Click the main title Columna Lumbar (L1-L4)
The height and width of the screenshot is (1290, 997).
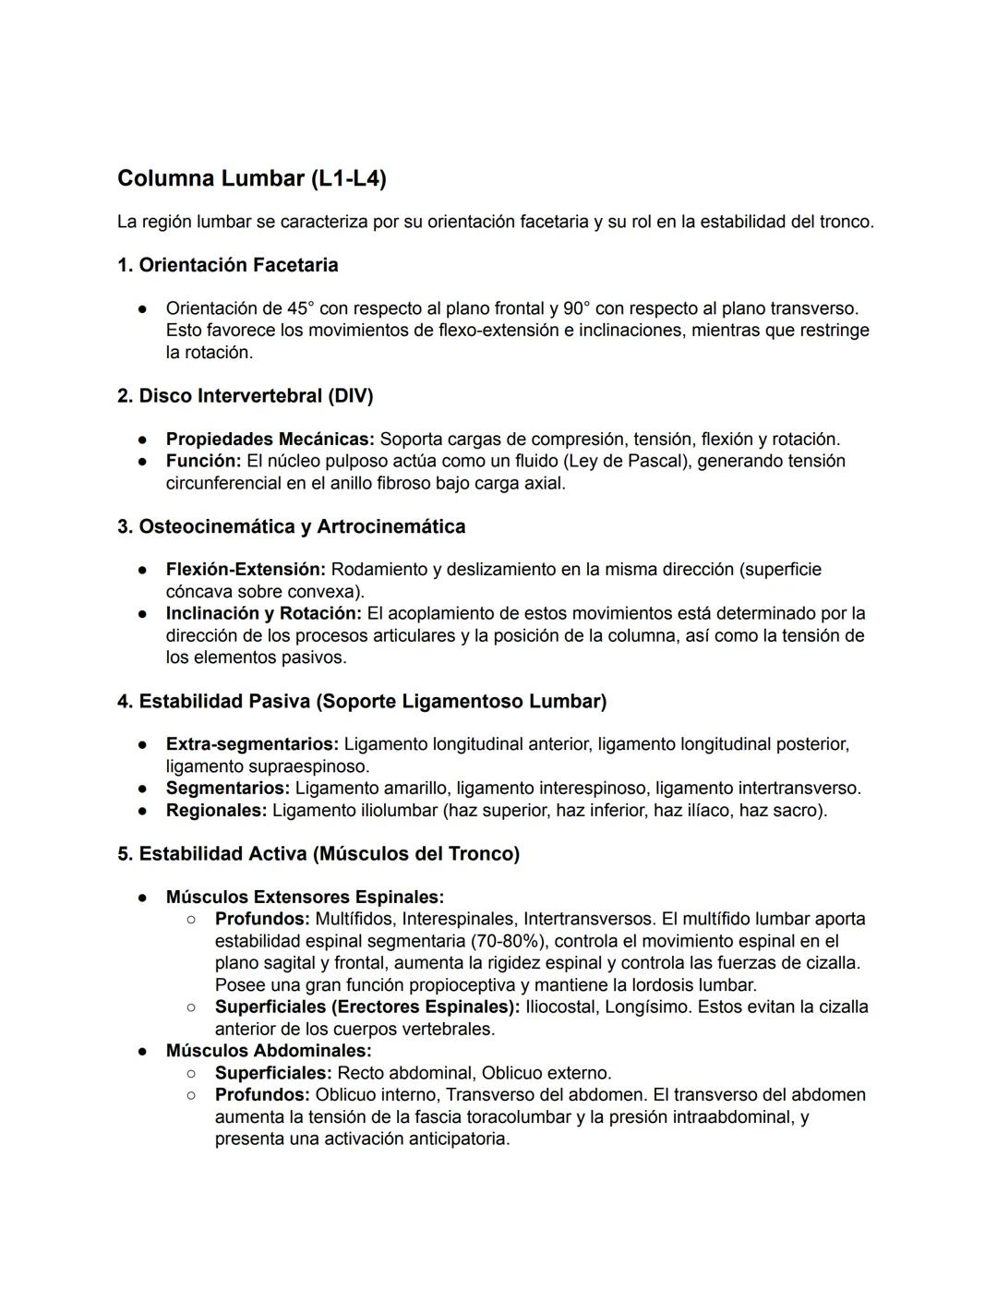pyautogui.click(x=251, y=178)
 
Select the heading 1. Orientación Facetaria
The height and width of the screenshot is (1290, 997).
pyautogui.click(x=227, y=265)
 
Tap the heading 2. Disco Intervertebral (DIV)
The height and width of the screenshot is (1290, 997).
pyautogui.click(x=245, y=396)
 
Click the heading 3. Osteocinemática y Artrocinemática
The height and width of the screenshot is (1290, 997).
pyautogui.click(x=291, y=526)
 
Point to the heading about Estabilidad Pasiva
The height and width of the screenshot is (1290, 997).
pyautogui.click(x=361, y=702)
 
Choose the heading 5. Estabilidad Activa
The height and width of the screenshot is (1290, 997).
pyautogui.click(x=318, y=854)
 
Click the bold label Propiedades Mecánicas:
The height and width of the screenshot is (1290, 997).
pyautogui.click(x=270, y=440)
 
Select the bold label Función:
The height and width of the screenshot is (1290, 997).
pyautogui.click(x=203, y=461)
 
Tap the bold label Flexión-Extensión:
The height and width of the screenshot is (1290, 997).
pyautogui.click(x=246, y=570)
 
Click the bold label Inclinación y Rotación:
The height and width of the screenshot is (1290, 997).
pyautogui.click(x=263, y=613)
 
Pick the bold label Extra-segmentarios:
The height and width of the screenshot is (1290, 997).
pyautogui.click(x=252, y=744)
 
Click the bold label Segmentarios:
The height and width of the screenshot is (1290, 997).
pyautogui.click(x=227, y=789)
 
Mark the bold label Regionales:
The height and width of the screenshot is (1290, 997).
pyautogui.click(x=216, y=811)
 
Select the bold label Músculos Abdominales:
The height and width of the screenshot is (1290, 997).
pyautogui.click(x=269, y=1051)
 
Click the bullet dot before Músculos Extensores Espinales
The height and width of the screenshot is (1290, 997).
pyautogui.click(x=143, y=898)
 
